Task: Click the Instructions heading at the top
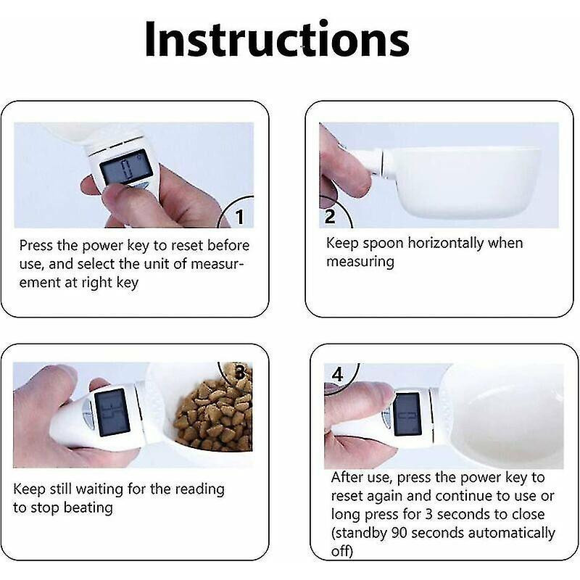276,39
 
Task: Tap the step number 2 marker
331,215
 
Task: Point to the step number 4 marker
337,375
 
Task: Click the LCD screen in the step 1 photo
119,170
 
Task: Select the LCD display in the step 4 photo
408,415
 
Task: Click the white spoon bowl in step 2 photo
464,181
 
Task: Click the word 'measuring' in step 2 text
360,261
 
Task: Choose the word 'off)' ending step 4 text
344,551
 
